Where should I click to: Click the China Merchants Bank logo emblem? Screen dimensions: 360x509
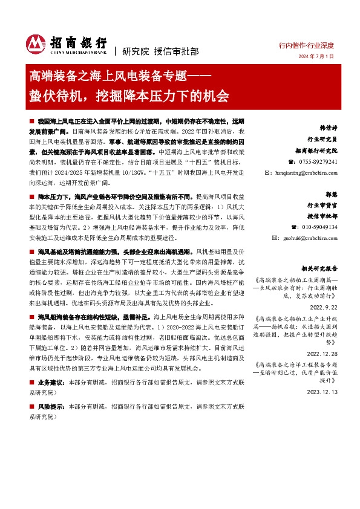point(35,43)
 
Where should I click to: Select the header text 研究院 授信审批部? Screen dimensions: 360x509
point(152,51)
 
